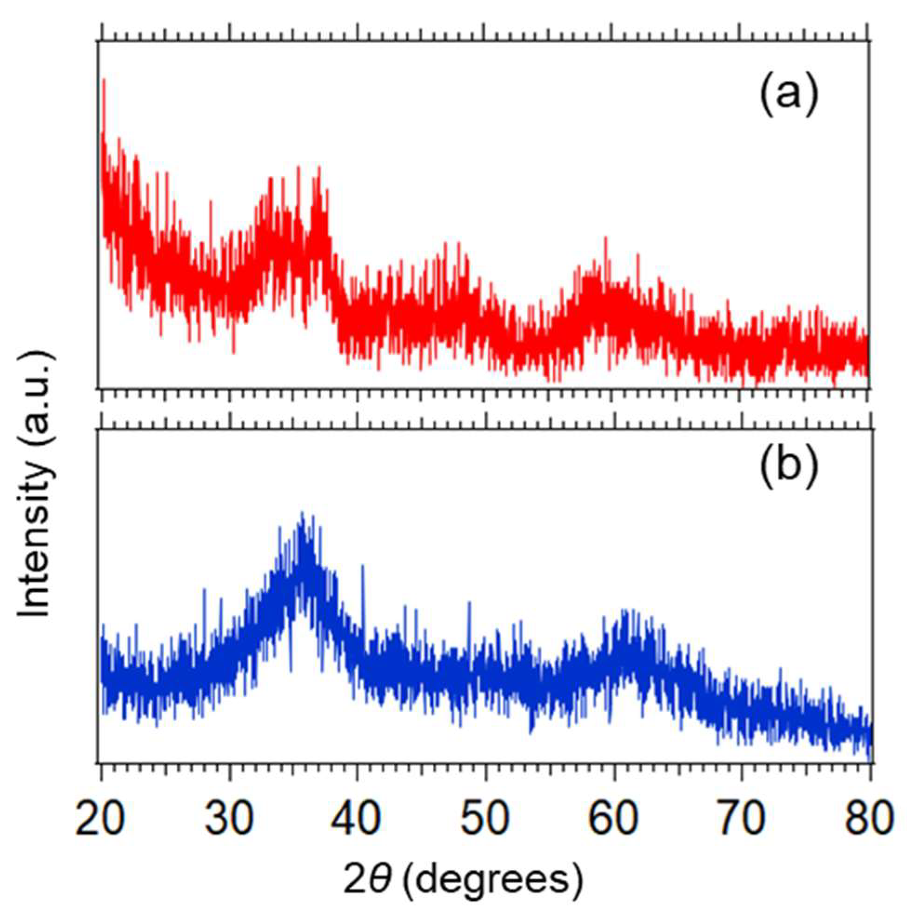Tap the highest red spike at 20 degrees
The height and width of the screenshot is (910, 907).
tap(103, 80)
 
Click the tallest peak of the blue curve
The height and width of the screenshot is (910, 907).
tap(302, 513)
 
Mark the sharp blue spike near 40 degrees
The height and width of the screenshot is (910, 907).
tap(363, 565)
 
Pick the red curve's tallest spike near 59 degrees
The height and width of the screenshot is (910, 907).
tap(606, 238)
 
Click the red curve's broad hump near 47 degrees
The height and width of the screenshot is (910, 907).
tap(452, 283)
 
